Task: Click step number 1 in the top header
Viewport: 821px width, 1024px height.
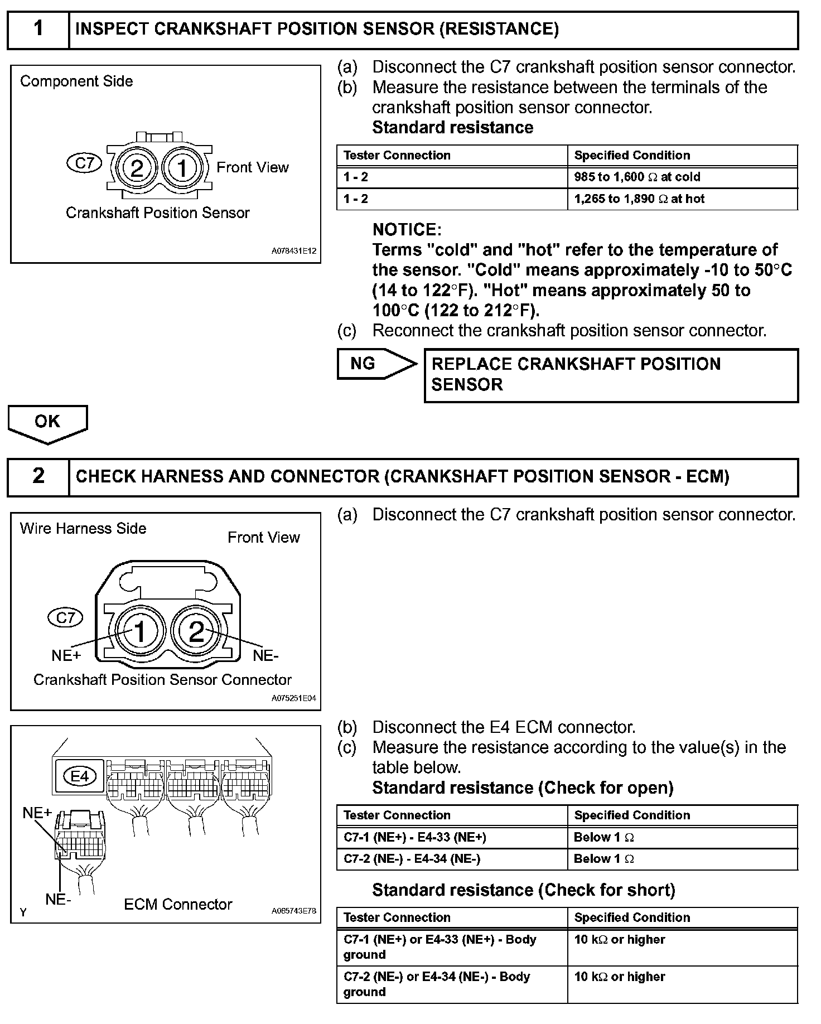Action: [38, 29]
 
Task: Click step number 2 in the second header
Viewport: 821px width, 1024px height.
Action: [38, 476]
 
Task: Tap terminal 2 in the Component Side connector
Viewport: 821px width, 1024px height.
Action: [137, 167]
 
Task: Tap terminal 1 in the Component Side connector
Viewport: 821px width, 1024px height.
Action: [182, 167]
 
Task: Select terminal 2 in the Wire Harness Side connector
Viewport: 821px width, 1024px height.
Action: [196, 631]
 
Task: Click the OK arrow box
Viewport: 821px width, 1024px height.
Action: [47, 422]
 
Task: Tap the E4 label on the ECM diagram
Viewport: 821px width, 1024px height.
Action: [80, 776]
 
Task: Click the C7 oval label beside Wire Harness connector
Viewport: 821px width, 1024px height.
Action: [65, 617]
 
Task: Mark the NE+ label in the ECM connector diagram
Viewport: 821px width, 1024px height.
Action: [37, 813]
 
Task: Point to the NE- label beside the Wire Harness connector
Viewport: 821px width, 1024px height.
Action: [265, 655]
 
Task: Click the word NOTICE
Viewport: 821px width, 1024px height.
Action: [407, 229]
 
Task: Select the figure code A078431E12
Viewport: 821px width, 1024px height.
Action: [294, 251]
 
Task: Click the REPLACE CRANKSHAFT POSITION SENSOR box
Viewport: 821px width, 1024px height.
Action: [611, 375]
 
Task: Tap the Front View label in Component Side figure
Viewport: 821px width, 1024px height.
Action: [253, 167]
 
